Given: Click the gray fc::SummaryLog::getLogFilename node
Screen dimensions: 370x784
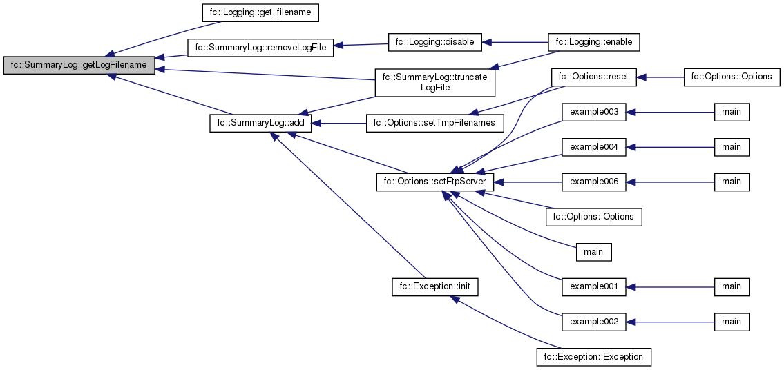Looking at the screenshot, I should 79,65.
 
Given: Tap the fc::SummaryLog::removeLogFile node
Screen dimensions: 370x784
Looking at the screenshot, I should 260,48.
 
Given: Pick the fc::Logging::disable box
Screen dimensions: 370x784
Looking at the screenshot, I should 434,42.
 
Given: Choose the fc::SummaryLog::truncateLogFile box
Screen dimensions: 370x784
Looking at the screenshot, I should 434,82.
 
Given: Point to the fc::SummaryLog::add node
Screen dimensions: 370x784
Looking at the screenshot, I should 261,124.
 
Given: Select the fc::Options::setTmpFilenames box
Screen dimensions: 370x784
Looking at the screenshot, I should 434,124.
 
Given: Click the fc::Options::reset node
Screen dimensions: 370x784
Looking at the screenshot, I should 594,76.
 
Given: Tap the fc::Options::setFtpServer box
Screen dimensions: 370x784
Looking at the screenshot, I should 434,182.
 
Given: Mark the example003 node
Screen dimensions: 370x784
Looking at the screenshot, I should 594,111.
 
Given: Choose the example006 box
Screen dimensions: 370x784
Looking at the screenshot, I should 594,182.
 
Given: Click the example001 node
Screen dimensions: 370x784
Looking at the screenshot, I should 594,286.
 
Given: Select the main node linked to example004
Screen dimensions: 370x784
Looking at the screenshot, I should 732,146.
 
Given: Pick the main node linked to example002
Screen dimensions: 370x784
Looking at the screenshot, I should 732,322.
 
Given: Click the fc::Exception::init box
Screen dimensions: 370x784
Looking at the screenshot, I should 434,286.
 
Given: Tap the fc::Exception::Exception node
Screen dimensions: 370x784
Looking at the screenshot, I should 594,357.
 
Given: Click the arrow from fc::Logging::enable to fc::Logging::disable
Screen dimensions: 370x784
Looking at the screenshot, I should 515,42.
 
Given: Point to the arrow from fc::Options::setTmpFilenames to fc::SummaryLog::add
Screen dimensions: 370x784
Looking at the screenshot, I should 339,124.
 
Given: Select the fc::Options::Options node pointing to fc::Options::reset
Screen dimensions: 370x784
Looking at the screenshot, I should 732,76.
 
